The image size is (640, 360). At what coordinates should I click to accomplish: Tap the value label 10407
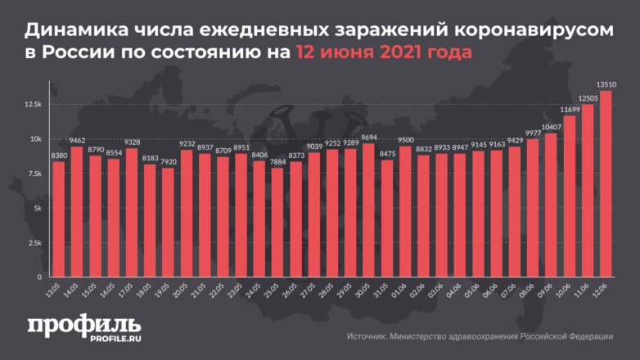(x=552, y=127)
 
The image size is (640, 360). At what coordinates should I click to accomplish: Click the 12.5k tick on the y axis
(x=34, y=104)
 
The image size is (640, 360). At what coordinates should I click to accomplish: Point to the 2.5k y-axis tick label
(x=35, y=243)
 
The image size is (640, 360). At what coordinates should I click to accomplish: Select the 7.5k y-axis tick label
(x=35, y=173)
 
